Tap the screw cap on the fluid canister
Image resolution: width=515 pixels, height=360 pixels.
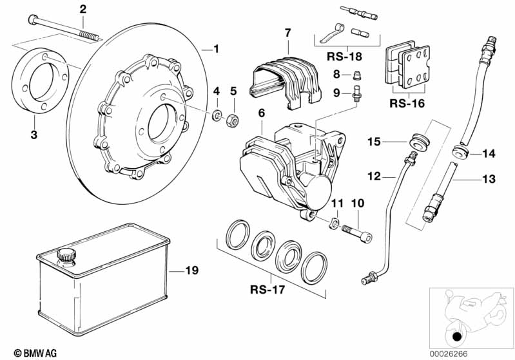65,255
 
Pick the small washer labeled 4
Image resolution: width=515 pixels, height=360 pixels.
218,117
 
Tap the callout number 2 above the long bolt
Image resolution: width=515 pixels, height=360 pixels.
82,8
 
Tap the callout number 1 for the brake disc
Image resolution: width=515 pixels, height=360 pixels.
216,48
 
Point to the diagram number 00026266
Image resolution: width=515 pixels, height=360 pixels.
483,352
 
